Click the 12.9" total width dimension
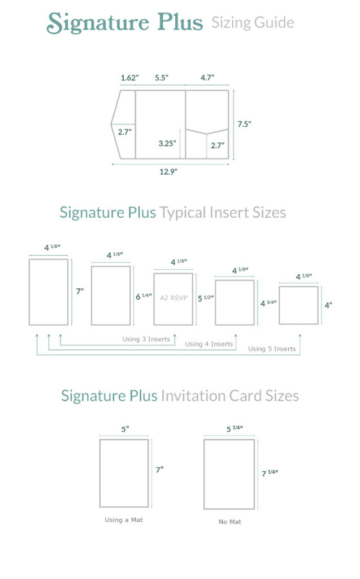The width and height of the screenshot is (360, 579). [168, 172]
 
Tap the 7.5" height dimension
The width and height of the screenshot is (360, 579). [244, 123]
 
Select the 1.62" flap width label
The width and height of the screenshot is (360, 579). [129, 78]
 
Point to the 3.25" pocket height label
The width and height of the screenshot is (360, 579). [167, 144]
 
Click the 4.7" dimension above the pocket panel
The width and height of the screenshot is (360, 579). [207, 78]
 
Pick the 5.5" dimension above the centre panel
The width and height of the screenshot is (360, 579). [162, 78]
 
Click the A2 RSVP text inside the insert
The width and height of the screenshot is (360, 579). [173, 297]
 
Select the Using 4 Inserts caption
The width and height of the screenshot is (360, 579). [209, 344]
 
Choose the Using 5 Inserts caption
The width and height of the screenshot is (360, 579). [272, 349]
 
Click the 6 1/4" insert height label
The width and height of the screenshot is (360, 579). [144, 296]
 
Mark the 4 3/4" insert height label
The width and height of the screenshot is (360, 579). [268, 303]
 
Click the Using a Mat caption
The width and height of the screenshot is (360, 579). [124, 520]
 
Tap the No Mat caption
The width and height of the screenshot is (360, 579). [229, 522]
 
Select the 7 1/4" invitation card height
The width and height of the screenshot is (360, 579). [270, 473]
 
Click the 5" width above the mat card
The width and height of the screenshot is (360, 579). [125, 430]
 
